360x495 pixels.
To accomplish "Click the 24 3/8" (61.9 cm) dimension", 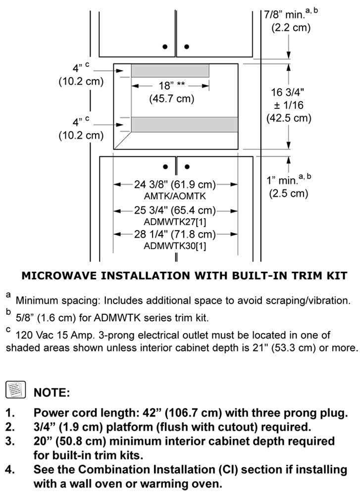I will click(x=175, y=185).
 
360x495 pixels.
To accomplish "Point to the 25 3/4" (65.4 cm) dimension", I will click(x=175, y=210).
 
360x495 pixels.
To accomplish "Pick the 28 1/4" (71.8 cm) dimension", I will click(x=175, y=234).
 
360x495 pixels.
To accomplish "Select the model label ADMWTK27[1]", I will click(x=175, y=221).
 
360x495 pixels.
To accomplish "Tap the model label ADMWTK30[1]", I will click(x=175, y=246).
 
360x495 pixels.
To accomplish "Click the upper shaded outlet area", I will click(x=170, y=70).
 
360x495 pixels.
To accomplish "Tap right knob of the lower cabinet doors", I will click(x=187, y=166).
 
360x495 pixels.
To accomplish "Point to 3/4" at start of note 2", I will click(x=44, y=427).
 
